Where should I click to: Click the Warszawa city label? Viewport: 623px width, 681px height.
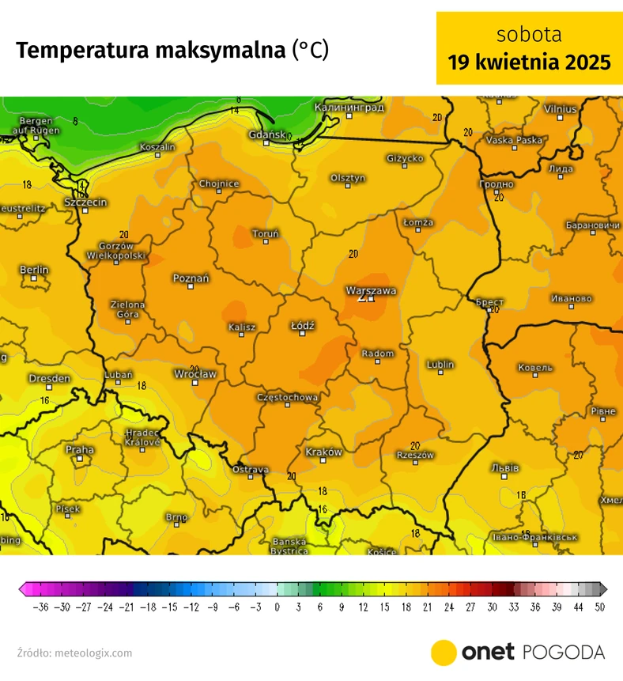[371, 290]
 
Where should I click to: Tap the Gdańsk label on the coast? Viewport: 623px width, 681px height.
[266, 134]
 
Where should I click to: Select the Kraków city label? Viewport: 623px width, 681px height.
[323, 452]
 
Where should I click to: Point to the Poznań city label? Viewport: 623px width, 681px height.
[191, 278]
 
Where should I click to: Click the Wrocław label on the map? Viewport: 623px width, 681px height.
[194, 373]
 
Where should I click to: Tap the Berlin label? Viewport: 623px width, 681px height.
[34, 270]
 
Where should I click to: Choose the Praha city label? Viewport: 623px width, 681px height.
[80, 449]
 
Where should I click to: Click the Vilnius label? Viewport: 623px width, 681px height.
[560, 108]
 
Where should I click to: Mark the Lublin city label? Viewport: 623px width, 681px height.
[440, 364]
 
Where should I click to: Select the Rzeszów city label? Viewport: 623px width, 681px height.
[416, 455]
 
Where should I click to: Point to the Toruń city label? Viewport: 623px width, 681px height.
[265, 233]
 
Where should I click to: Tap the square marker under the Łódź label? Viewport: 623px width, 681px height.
[303, 335]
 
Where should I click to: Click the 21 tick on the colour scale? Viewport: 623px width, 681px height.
[426, 607]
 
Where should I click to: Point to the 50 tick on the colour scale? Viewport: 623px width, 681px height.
[600, 607]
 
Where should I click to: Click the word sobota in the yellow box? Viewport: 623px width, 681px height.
[529, 35]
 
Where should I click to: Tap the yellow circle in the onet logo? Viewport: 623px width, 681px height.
[444, 653]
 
